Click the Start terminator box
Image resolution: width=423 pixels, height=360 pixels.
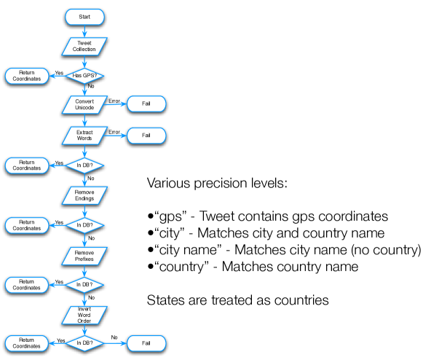tap(84, 16)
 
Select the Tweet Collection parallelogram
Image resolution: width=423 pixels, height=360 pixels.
tap(84, 46)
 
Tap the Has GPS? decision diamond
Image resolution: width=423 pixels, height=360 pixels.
tap(84, 75)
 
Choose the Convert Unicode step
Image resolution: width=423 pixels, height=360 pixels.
tap(84, 104)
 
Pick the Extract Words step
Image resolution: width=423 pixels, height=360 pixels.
tap(84, 136)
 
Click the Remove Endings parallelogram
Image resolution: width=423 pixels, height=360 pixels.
tap(84, 195)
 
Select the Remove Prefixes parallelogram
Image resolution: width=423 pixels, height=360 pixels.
tap(84, 256)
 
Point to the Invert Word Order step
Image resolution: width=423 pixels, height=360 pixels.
tap(84, 315)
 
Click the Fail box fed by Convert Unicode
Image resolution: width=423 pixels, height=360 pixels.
tap(146, 104)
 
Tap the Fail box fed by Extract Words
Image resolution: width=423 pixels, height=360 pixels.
tap(146, 136)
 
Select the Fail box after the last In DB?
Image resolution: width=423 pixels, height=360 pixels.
tap(146, 343)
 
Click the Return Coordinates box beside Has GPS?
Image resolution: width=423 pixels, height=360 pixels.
tap(27, 76)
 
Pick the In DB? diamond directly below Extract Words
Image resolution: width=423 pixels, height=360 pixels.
tap(84, 165)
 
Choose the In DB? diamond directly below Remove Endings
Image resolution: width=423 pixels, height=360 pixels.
tap(84, 225)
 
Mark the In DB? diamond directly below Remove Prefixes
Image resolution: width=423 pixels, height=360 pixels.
tap(84, 284)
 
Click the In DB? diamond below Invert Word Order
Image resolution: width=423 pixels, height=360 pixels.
tap(84, 343)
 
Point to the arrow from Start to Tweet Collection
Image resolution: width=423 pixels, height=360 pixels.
tap(84, 31)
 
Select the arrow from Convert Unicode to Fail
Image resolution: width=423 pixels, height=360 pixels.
tap(115, 104)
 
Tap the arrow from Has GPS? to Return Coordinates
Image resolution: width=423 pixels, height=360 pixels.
tap(58, 76)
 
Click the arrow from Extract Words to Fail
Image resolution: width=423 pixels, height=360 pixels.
tap(115, 136)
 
